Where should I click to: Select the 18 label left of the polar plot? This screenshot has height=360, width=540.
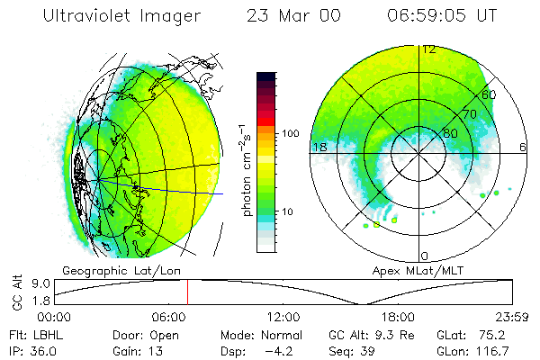point(318,147)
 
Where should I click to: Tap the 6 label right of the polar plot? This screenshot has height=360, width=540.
point(523,147)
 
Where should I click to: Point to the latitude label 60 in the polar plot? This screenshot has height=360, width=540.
point(489,94)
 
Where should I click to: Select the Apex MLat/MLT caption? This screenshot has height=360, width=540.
point(409,269)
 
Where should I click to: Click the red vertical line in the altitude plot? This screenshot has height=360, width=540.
point(187,292)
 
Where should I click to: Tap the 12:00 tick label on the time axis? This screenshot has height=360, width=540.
point(283,317)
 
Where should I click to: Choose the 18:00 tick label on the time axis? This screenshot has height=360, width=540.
point(398,317)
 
